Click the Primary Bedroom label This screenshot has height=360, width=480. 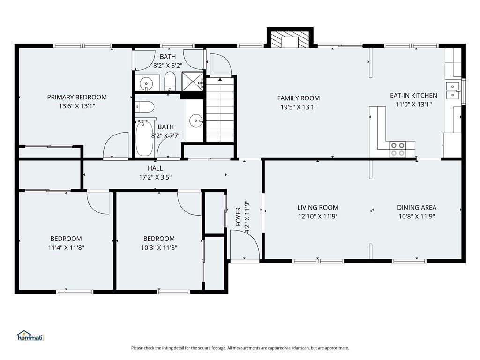pyautogui.click(x=77, y=97)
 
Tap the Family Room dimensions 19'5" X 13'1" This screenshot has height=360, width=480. pyautogui.click(x=299, y=107)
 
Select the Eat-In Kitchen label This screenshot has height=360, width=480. pyautogui.click(x=413, y=96)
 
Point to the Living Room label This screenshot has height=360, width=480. pyautogui.click(x=318, y=208)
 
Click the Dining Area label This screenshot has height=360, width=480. pyautogui.click(x=417, y=208)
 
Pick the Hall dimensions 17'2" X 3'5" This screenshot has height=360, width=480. pyautogui.click(x=155, y=177)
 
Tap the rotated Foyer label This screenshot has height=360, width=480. pyautogui.click(x=239, y=217)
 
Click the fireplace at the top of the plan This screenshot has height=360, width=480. pyautogui.click(x=290, y=39)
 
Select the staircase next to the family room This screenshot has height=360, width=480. pyautogui.click(x=220, y=110)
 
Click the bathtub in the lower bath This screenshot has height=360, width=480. pyautogui.click(x=144, y=138)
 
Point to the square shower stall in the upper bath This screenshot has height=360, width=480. pyautogui.click(x=193, y=82)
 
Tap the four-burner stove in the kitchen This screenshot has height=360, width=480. pyautogui.click(x=397, y=149)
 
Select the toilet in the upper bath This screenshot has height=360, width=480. pyautogui.click(x=170, y=82)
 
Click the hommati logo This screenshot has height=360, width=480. pyautogui.click(x=31, y=336)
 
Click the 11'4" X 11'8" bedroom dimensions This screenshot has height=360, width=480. pyautogui.click(x=66, y=247)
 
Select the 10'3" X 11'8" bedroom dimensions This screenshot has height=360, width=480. pyautogui.click(x=159, y=247)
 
